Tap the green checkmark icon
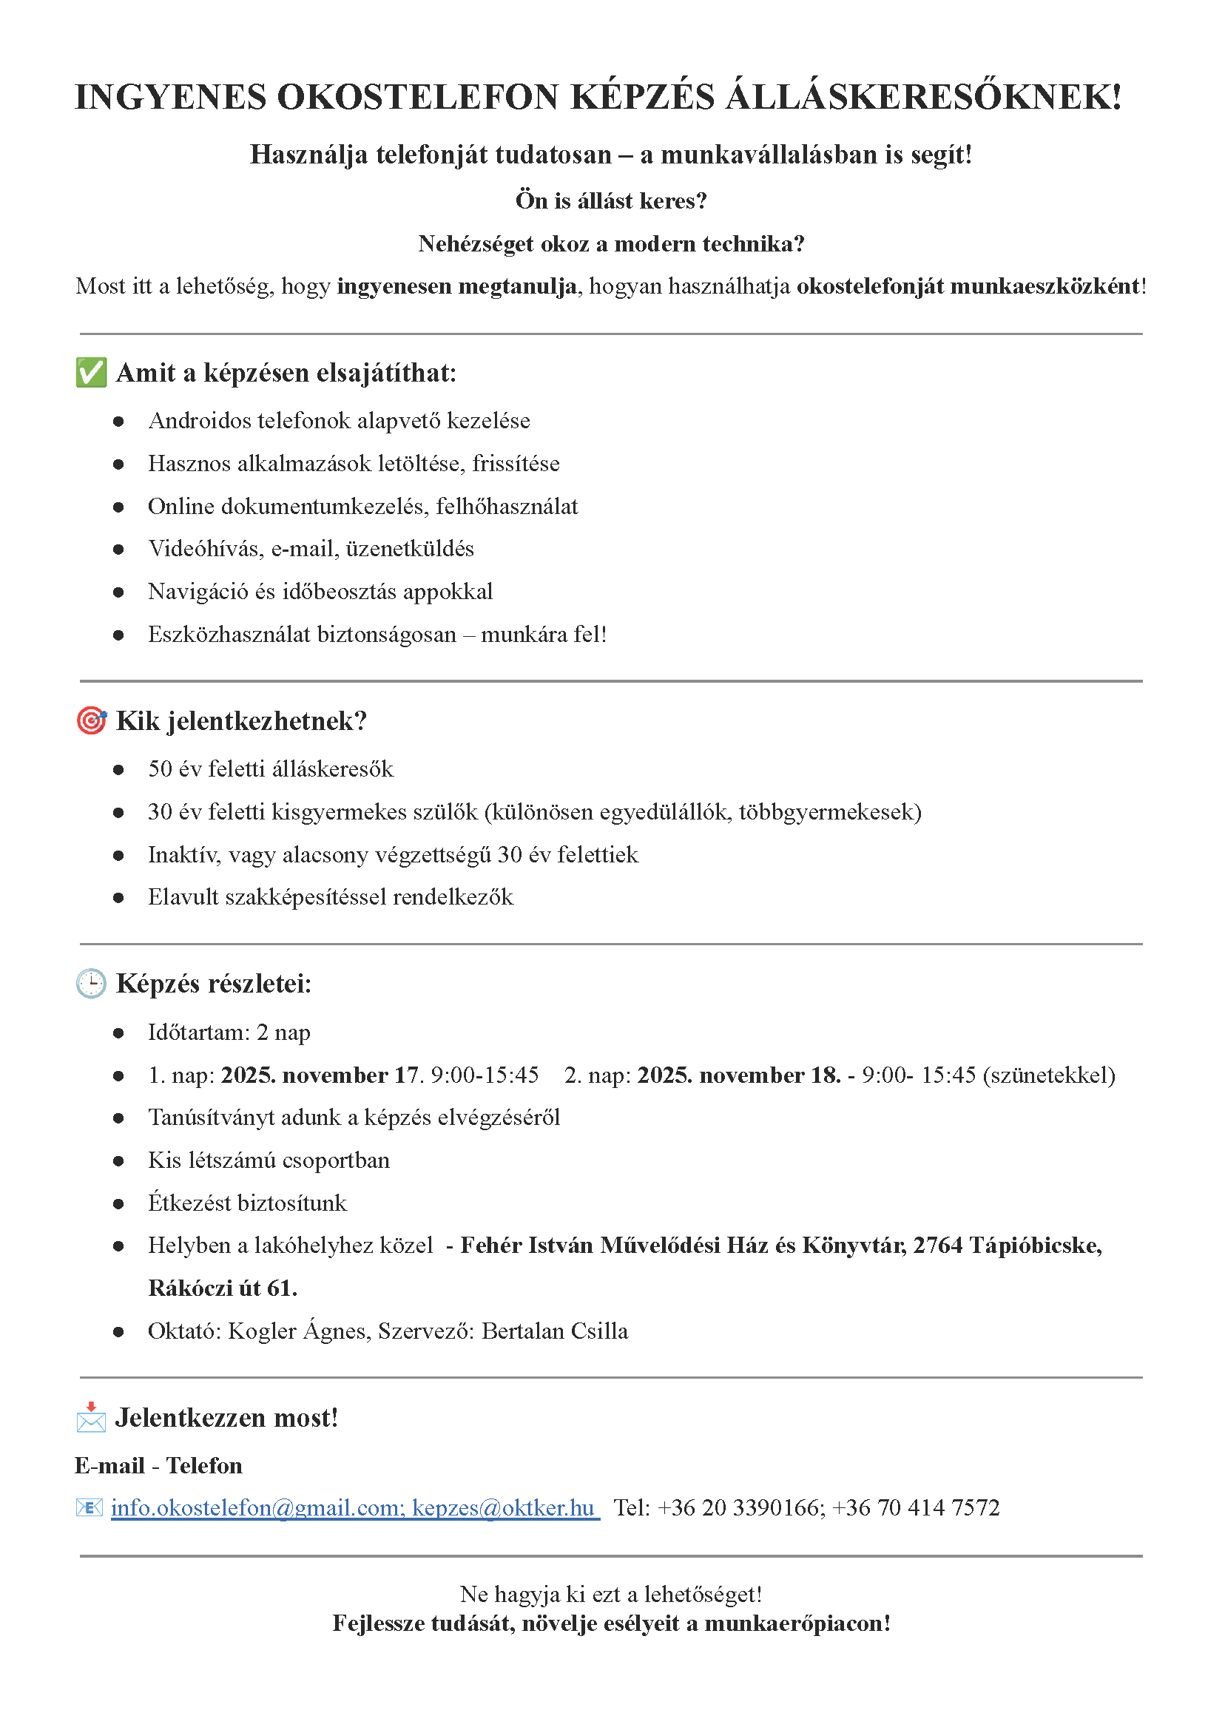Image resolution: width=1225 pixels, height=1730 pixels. click(x=91, y=373)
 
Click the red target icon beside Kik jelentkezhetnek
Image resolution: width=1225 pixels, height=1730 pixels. click(x=91, y=721)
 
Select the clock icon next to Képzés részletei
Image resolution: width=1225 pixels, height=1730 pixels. click(x=91, y=984)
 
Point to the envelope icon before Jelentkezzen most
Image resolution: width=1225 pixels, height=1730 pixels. click(x=91, y=1418)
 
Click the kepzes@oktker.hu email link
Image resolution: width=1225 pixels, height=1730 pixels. click(x=503, y=1507)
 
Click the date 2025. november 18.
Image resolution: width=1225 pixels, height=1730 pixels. click(x=738, y=1075)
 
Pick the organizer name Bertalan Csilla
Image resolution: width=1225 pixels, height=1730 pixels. click(x=554, y=1331)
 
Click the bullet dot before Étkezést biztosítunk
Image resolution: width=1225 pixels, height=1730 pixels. click(x=118, y=1203)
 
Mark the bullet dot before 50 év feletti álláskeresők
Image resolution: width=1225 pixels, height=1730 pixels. click(x=118, y=770)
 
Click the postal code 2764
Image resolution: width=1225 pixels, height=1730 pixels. click(x=937, y=1245)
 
